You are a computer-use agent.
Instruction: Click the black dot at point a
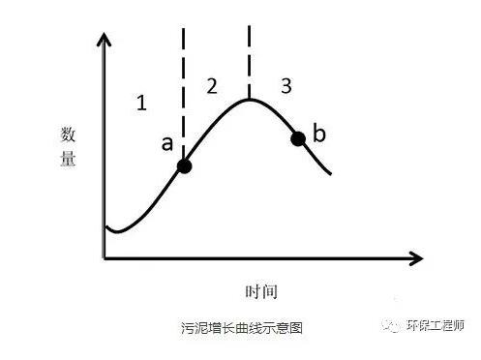click(x=184, y=166)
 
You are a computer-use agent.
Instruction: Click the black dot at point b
click(x=298, y=137)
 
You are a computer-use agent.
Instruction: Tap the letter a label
click(x=166, y=143)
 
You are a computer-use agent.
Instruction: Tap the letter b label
click(x=319, y=130)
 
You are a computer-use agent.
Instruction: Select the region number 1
click(x=141, y=103)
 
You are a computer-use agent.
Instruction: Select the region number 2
click(x=212, y=86)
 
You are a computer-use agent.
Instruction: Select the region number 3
click(x=286, y=86)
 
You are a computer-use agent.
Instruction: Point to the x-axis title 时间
click(x=261, y=290)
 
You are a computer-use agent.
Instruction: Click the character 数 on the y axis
click(x=69, y=135)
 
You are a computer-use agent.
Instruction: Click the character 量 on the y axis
click(x=69, y=160)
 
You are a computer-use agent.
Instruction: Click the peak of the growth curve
click(x=249, y=99)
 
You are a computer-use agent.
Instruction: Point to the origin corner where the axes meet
click(x=105, y=258)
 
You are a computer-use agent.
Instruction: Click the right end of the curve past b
click(x=331, y=174)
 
